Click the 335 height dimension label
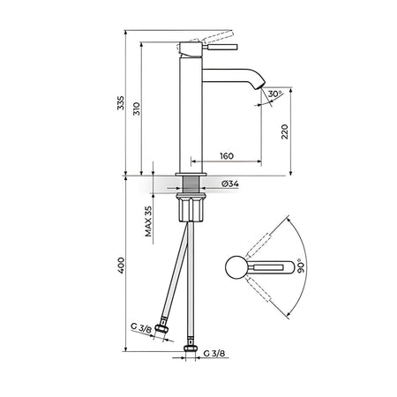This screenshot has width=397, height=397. coord(121,102)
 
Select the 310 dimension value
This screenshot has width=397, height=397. coord(137,109)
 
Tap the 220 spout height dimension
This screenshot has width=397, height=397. coord(285,131)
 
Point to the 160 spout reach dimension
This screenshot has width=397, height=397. coord(227,156)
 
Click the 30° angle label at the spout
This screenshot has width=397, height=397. coord(274,94)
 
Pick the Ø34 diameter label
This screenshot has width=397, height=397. coord(230,184)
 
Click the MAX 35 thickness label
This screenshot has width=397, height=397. coord(148,221)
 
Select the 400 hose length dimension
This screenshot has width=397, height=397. coord(121,266)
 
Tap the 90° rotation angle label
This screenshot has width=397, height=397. coord(301,266)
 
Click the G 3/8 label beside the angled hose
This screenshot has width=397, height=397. coord(141,328)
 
